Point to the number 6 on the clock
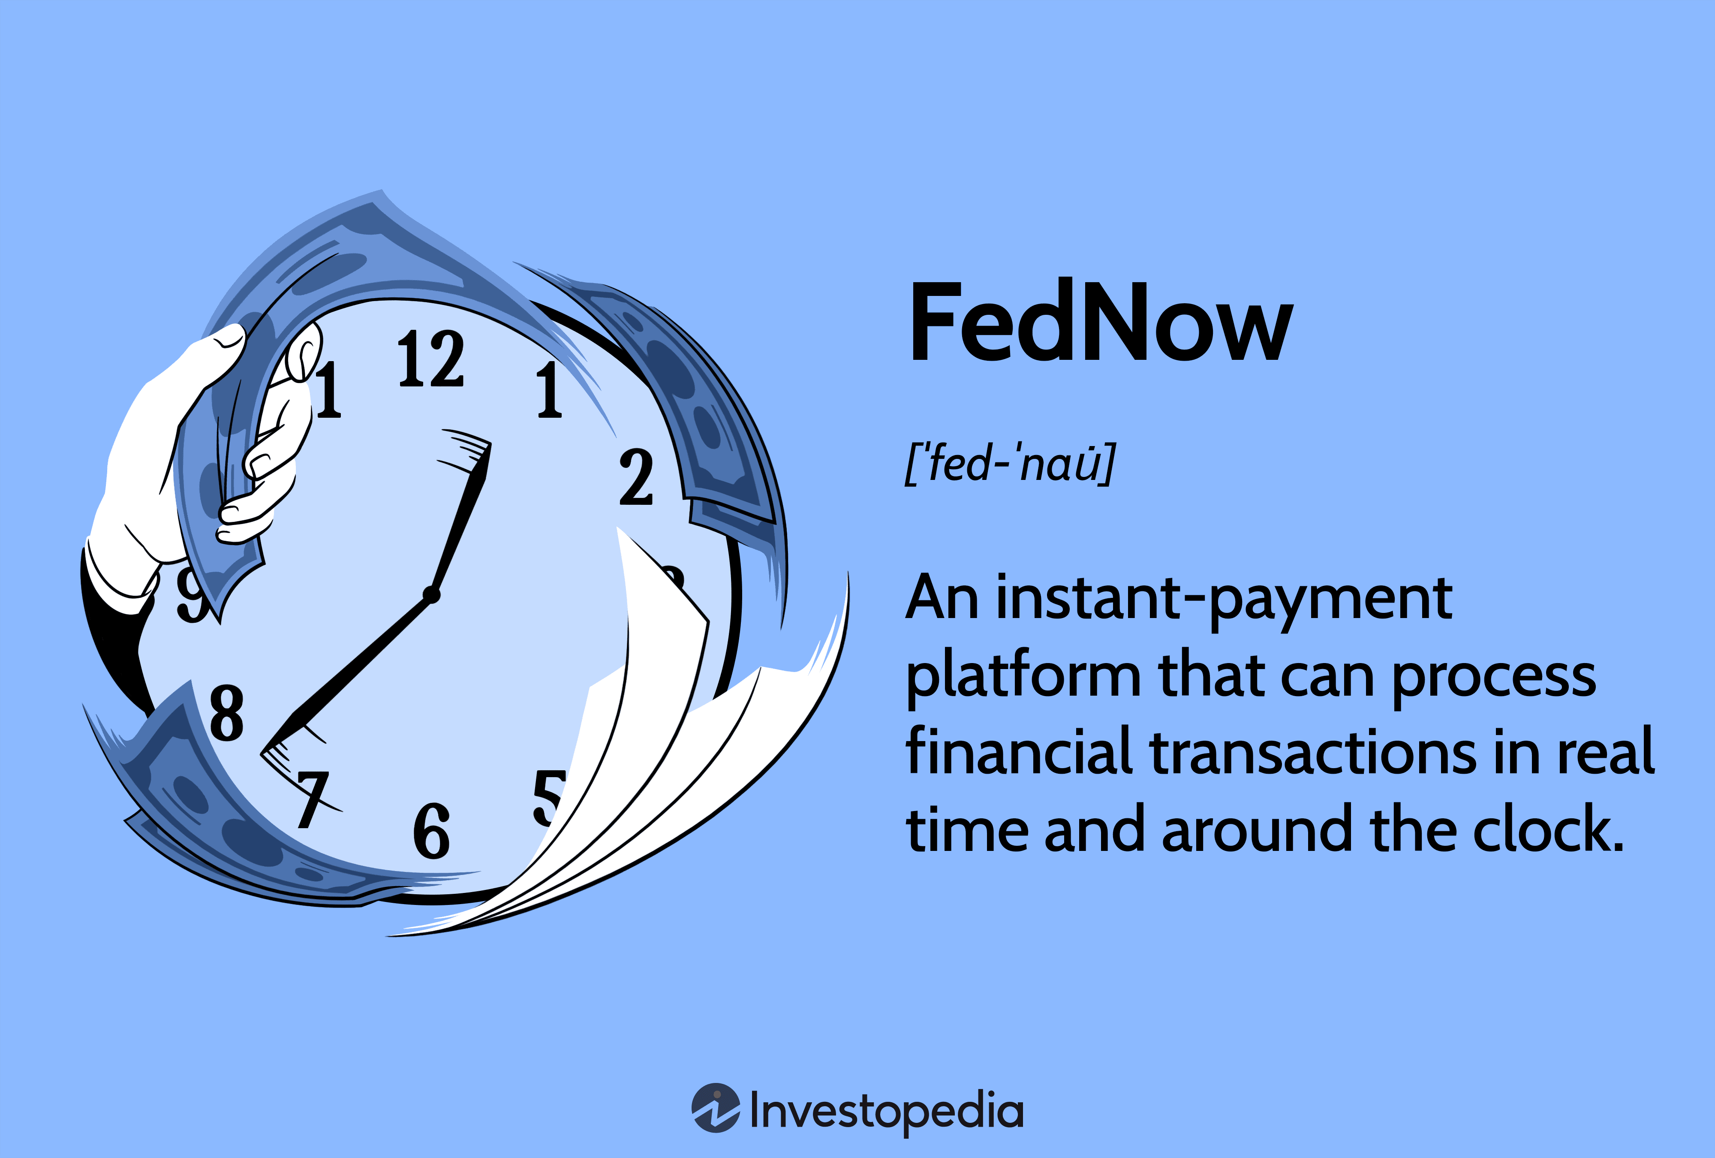(x=432, y=831)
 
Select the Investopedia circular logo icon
(x=715, y=1108)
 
